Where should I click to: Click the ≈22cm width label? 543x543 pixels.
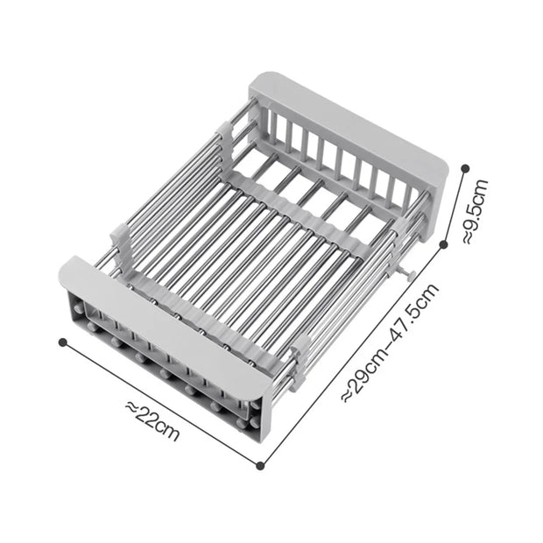coord(152,421)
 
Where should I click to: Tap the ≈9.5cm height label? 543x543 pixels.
coord(476,211)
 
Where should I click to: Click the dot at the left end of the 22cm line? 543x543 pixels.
coord(63,342)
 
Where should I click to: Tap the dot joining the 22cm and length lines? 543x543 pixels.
coord(261,466)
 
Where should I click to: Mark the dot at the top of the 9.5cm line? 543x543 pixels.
coord(465,168)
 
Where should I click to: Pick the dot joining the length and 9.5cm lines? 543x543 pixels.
coord(444,245)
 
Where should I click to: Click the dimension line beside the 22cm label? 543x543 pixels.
coord(162,404)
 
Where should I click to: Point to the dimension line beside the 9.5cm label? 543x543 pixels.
coord(455,207)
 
